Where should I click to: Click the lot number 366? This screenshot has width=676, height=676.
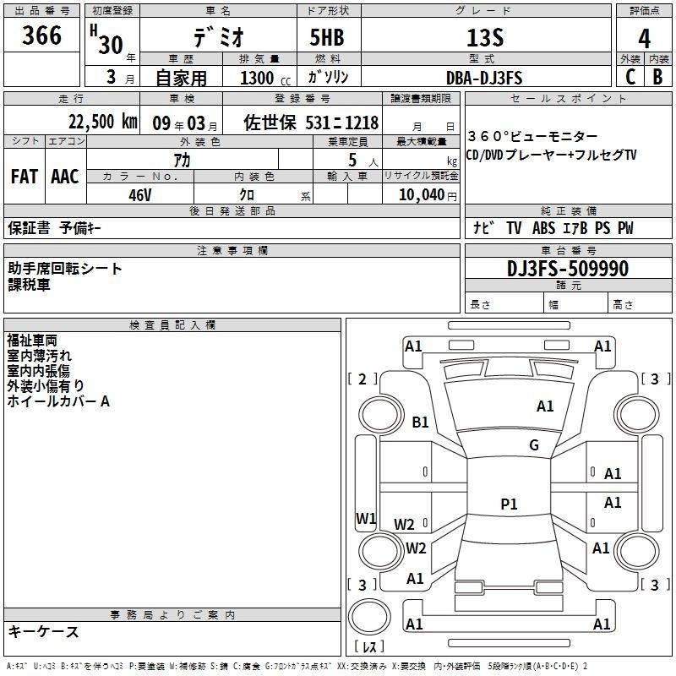(42, 35)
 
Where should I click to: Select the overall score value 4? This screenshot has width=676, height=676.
(644, 38)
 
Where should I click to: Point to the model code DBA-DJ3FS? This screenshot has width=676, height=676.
(484, 78)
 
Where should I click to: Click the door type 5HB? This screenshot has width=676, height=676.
(327, 38)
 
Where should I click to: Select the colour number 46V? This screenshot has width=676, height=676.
(140, 194)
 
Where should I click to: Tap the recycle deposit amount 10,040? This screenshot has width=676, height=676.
(420, 195)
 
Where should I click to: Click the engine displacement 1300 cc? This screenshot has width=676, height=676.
(262, 78)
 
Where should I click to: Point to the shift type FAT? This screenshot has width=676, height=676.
(25, 176)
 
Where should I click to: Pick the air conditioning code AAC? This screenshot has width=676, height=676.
(65, 176)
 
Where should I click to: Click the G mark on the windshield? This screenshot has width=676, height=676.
(533, 445)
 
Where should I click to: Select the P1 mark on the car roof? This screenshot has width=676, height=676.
(509, 504)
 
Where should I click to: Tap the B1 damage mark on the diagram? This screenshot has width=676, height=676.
(421, 422)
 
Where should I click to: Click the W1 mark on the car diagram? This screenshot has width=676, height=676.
(366, 518)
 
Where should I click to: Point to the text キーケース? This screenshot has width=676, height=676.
(43, 631)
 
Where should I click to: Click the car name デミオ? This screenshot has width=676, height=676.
(217, 38)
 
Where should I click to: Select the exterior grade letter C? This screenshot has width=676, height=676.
(630, 77)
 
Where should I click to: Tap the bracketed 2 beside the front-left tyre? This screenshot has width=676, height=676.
(363, 379)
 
